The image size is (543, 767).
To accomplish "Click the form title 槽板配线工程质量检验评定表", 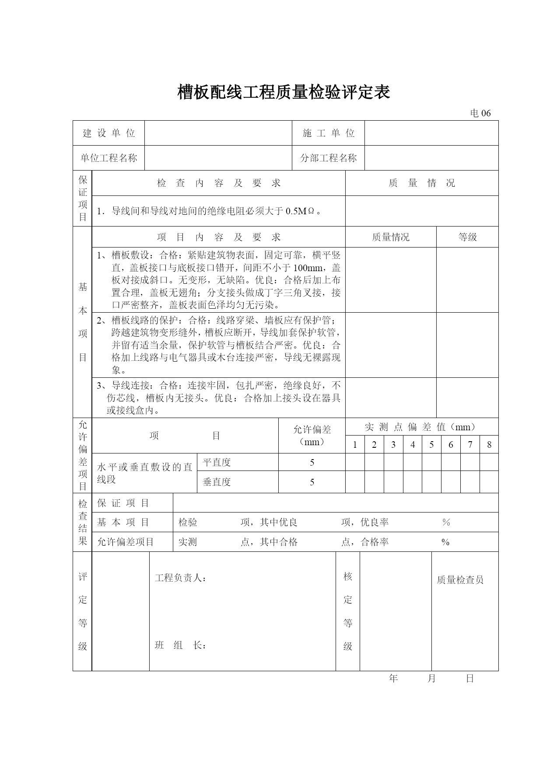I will click(284, 93).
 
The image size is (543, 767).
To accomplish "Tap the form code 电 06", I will click(480, 113).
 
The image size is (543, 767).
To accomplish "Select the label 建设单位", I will click(109, 133).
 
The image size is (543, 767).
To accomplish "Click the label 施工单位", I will click(328, 133).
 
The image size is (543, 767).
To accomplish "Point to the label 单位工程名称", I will click(109, 158).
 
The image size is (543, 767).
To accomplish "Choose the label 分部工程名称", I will click(328, 158).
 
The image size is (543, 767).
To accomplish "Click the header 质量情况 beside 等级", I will click(390, 237).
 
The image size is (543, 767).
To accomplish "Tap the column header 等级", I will click(467, 237).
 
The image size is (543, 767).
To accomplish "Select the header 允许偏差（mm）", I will click(312, 436).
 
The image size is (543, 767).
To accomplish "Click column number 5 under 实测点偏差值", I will click(431, 445).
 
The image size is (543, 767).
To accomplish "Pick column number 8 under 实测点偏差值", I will click(489, 445).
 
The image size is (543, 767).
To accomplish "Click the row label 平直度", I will click(217, 462).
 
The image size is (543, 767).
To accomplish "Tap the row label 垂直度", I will click(217, 482).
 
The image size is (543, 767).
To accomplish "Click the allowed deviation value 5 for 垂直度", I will click(312, 482).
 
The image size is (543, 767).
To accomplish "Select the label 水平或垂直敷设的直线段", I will click(144, 473).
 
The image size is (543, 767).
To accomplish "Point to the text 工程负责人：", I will click(180, 578).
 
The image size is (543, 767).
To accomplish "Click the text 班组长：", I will click(180, 645).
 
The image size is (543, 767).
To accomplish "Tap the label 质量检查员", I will click(460, 580).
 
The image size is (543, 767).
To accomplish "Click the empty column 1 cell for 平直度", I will click(355, 462).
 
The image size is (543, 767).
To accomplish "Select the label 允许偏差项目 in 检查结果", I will click(126, 542).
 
